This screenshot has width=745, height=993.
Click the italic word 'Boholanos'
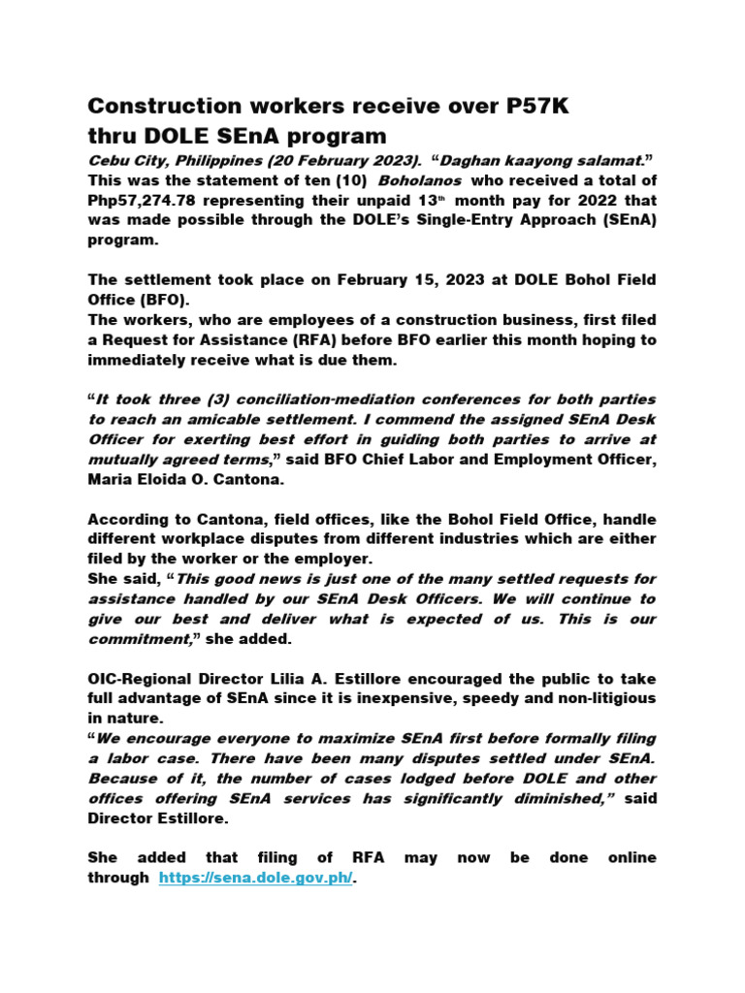420,180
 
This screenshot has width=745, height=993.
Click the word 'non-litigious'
601,698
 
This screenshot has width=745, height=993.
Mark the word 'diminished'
564,798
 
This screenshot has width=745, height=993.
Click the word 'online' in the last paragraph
632,857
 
